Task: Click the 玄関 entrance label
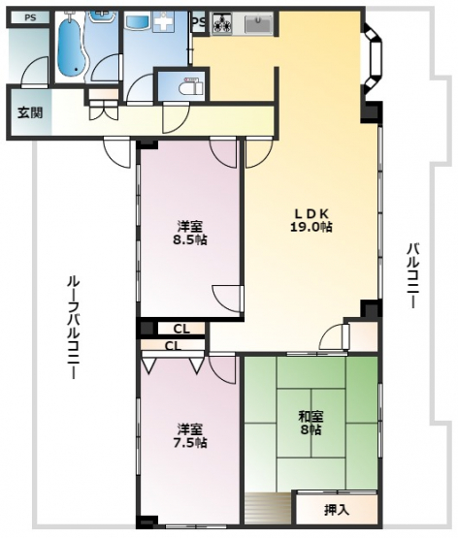[30, 112]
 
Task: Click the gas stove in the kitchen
[221, 23]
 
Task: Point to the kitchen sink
[258, 24]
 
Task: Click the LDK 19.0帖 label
[311, 220]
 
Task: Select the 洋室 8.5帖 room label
[190, 233]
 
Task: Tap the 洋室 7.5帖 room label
[190, 436]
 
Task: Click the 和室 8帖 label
[311, 423]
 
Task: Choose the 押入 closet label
[337, 510]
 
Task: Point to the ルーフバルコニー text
[73, 328]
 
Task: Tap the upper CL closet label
[181, 329]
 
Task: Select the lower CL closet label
[173, 346]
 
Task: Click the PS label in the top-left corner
[30, 17]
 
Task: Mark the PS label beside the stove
[199, 22]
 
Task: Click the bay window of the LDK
[373, 59]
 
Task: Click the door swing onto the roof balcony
[117, 153]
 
